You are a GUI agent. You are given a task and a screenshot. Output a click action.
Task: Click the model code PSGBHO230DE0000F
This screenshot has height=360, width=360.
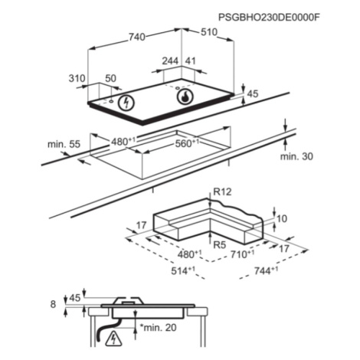coord(269,18)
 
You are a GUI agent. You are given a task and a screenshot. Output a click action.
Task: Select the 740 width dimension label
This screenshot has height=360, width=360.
coord(137,38)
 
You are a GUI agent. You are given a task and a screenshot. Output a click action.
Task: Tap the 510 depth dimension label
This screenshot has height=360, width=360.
coord(209,32)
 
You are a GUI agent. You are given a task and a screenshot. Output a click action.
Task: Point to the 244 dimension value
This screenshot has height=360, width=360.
coord(170,61)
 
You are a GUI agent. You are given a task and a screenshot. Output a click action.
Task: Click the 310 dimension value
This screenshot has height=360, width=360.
coord(77,78)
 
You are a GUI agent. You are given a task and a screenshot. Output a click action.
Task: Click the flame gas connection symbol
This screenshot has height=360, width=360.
coord(185,97)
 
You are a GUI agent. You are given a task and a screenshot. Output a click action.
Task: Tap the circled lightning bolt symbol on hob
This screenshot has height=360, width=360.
coord(126,103)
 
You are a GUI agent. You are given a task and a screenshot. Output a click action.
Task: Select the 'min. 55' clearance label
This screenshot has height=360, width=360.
coord(64,144)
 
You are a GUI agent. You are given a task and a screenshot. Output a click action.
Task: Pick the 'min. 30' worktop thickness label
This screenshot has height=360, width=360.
coord(296,156)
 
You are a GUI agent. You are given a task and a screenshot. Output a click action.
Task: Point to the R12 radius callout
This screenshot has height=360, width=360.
coord(222,191)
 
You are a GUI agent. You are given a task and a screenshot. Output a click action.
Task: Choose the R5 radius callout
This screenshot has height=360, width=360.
coord(220,245)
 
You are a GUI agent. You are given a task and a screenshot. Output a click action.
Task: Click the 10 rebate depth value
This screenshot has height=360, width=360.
coord(282,219)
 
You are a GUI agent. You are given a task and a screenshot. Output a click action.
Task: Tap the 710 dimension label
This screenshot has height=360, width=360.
coord(243,254)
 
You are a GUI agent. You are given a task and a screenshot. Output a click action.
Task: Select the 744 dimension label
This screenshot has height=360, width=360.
coord(266,270)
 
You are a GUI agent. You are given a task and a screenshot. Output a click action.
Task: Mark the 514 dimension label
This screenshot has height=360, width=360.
coord(183,270)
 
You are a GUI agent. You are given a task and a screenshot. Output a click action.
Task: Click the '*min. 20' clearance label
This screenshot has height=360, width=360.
coord(158,327)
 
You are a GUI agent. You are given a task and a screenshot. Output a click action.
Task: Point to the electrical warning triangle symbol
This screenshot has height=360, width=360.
coord(113,339)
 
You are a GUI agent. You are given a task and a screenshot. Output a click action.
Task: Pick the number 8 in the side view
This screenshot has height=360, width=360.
coord(53,304)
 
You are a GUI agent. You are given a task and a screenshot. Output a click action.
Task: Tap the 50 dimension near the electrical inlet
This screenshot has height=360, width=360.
coord(111,78)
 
